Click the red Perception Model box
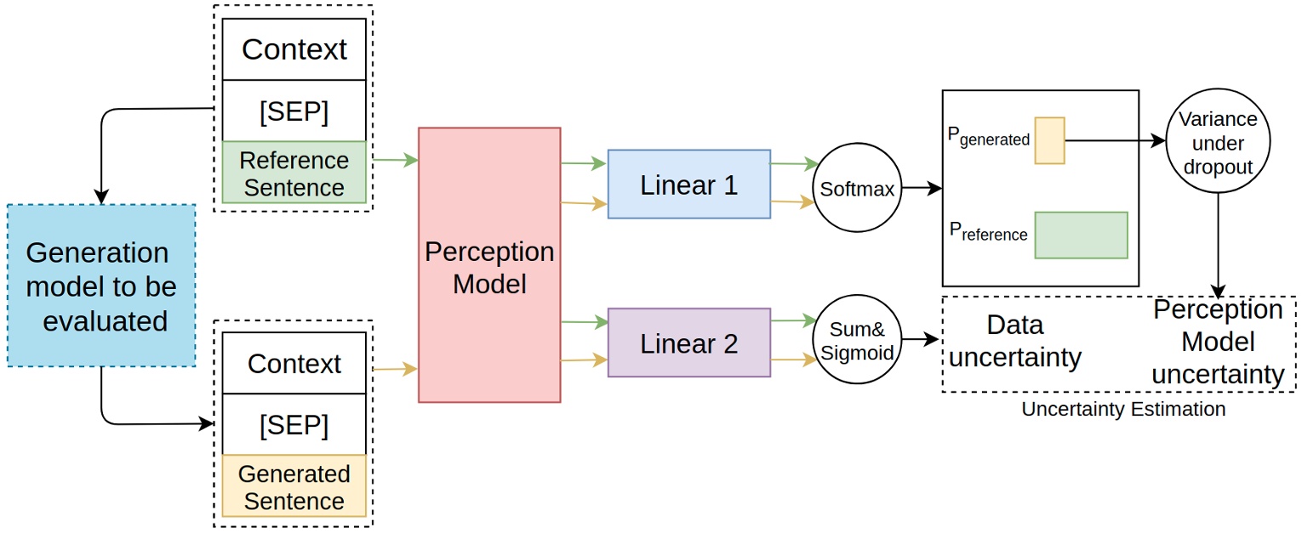click(x=489, y=264)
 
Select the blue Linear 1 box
click(x=688, y=184)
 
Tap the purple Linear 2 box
click(x=688, y=343)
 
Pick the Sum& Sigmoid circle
click(x=858, y=340)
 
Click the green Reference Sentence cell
click(x=294, y=173)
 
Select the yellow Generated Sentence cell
click(x=294, y=486)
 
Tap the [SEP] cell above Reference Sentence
click(x=294, y=111)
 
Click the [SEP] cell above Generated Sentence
click(x=294, y=424)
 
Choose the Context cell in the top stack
click(x=294, y=49)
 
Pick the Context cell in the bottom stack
click(x=294, y=363)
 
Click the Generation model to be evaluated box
click(x=101, y=286)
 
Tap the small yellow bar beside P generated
click(x=1049, y=140)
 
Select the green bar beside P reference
click(x=1081, y=235)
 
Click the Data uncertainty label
click(x=1014, y=342)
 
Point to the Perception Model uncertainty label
click(x=1217, y=343)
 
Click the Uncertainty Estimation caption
click(x=1123, y=409)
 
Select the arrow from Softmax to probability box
click(x=922, y=188)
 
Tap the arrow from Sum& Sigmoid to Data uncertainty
click(x=922, y=340)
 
